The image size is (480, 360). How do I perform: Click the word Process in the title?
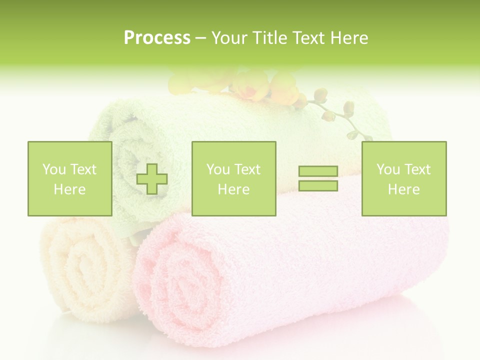[x=157, y=38]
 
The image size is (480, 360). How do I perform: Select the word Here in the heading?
[x=348, y=38]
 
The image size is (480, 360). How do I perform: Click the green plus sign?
[x=152, y=179]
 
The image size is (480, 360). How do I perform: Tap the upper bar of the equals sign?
[x=318, y=171]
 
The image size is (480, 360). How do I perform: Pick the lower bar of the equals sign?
[x=318, y=185]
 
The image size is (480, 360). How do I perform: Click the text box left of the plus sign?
[x=69, y=178]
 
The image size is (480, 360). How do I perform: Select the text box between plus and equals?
[x=233, y=178]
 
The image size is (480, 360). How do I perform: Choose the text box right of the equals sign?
[x=403, y=178]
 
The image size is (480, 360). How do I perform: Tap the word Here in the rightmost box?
[x=403, y=189]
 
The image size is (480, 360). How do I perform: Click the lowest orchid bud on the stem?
[x=353, y=135]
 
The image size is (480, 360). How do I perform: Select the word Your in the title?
[x=230, y=38]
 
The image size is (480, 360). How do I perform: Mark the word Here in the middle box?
[x=233, y=189]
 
